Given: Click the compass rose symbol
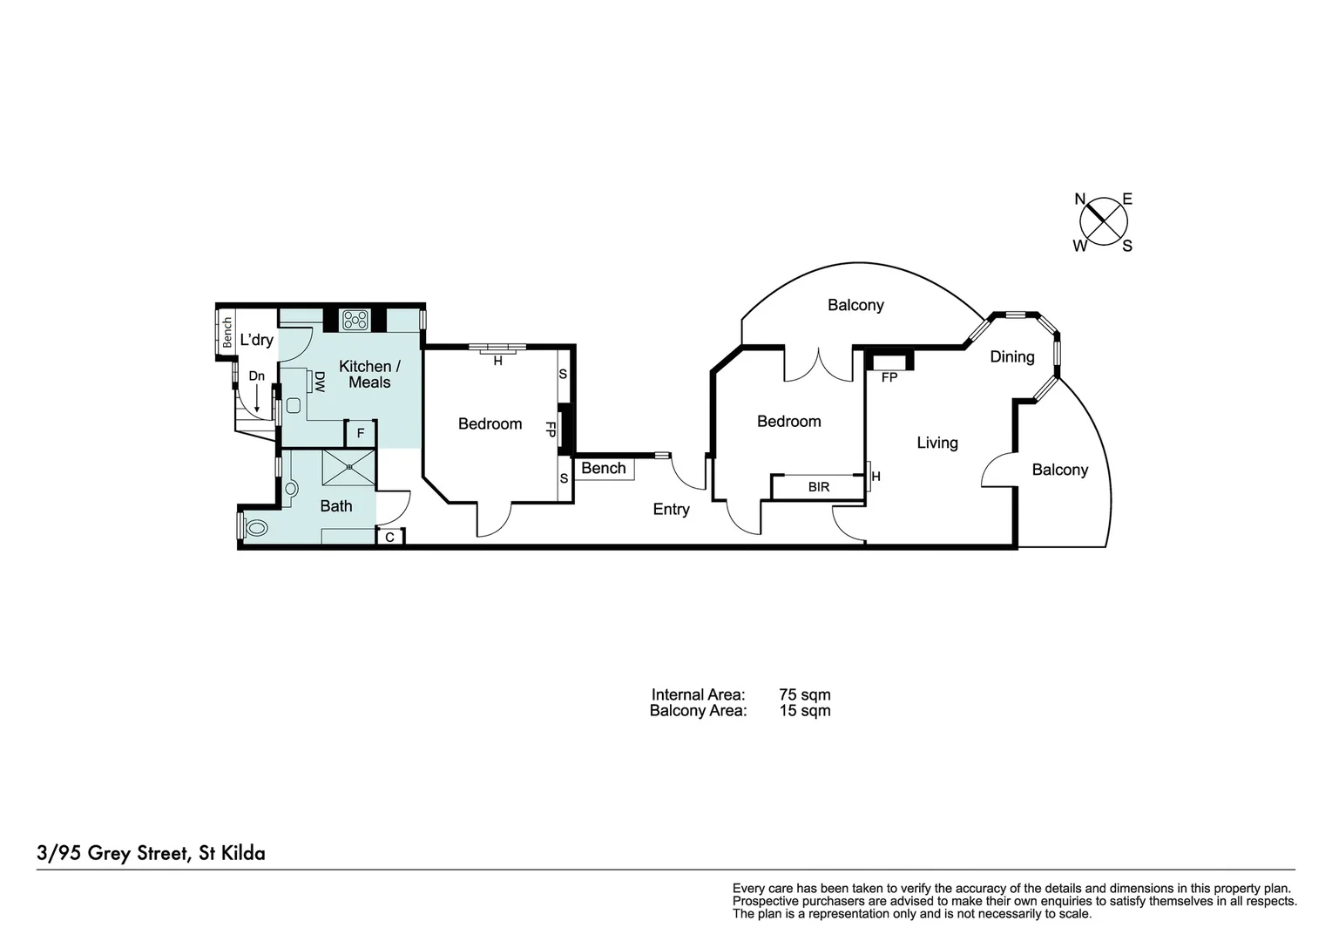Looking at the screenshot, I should click(1104, 221).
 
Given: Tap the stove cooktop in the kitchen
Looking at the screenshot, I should click(355, 320).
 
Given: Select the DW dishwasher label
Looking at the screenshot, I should click(319, 381).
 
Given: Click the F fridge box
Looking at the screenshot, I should click(361, 433).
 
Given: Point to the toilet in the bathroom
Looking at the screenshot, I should click(254, 527).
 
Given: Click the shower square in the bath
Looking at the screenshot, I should click(348, 468).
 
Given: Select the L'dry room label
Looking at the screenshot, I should click(257, 340).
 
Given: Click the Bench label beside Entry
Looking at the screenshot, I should click(604, 469).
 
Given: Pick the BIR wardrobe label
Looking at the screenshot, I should click(819, 487).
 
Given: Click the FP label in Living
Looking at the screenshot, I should click(889, 378).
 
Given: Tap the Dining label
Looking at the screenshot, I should click(1011, 356).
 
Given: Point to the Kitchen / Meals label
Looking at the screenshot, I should click(369, 374).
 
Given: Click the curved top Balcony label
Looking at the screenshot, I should click(855, 305).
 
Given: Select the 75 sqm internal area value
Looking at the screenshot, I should click(804, 694).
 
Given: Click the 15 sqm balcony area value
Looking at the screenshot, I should click(804, 710).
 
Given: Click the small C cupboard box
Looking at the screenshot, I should click(389, 537).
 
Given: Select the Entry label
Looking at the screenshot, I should click(671, 509).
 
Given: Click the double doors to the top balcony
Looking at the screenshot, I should click(819, 365).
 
